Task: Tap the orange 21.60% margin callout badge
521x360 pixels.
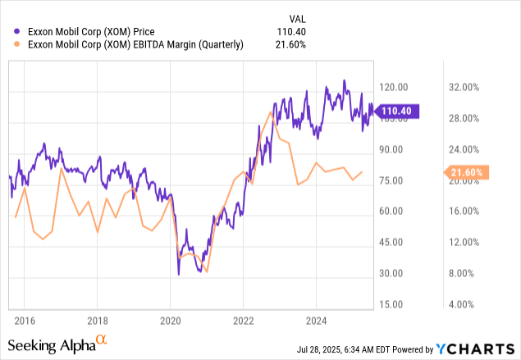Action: pyautogui.click(x=467, y=172)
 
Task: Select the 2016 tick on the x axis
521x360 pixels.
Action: pyautogui.click(x=25, y=320)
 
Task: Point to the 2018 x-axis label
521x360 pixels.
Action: pyautogui.click(x=98, y=320)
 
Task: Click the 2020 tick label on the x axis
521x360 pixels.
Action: pyautogui.click(x=171, y=320)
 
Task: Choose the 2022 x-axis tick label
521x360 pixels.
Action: pyautogui.click(x=244, y=320)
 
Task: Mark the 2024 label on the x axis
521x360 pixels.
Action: pyautogui.click(x=317, y=320)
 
